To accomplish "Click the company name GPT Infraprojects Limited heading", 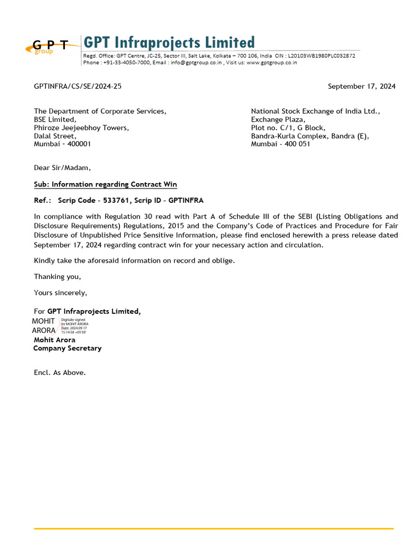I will point(169,43).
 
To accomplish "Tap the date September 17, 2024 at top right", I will point(361,86).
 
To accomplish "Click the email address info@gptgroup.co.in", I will point(196,63).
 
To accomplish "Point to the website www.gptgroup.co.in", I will point(272,63).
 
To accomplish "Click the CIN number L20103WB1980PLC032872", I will point(321,56).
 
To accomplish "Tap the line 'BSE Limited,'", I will point(55,119).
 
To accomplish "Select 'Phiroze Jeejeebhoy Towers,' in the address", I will point(81,128).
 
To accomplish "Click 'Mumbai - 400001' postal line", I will point(62,144).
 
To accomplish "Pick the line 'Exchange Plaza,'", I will point(278,119).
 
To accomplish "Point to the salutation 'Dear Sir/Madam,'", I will point(62,168).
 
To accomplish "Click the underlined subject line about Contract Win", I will point(105,184).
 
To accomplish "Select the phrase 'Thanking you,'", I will point(57,277).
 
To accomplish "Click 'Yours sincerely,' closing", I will point(61,293).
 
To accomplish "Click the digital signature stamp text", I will point(74,326).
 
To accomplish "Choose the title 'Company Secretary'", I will point(67,348).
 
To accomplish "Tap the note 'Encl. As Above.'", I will point(59,373).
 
